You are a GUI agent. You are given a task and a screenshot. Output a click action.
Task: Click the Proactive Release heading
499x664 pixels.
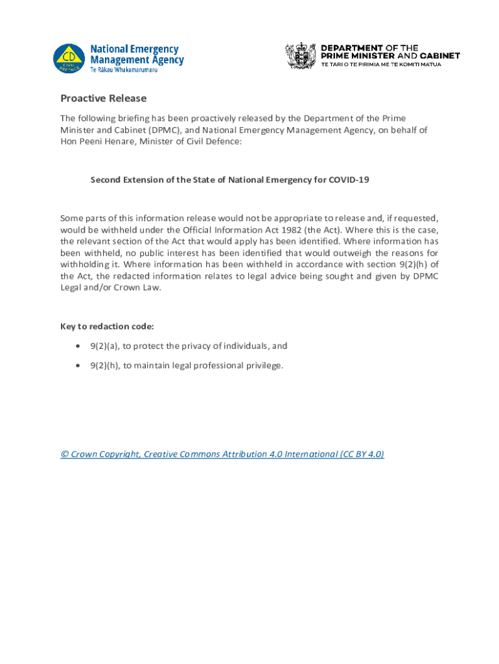coord(104,99)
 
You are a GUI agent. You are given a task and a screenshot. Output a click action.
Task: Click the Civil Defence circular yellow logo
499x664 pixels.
coord(69,58)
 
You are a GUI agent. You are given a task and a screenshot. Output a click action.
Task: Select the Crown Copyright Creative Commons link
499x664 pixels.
coord(222,454)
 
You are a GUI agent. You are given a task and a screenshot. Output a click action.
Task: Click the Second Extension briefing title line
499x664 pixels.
coord(229,180)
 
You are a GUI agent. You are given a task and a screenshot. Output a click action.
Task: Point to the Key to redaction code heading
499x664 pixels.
coord(107,326)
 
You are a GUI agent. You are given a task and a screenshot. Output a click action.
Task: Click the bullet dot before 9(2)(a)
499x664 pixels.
coord(78,346)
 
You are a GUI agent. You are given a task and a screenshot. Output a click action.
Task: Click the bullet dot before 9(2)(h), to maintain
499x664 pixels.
coord(78,366)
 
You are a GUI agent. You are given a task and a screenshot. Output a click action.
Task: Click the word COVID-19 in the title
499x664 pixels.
coord(349,180)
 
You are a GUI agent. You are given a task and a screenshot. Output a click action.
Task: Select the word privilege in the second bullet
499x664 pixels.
coord(266,366)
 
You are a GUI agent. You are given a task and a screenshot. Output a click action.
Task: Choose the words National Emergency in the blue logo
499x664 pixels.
coord(134,49)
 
